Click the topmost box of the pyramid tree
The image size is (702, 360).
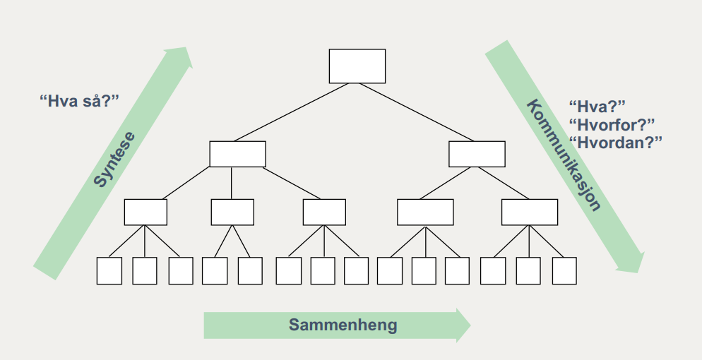click(x=357, y=66)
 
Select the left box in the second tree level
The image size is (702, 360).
click(x=237, y=154)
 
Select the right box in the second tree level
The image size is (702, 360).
click(x=477, y=154)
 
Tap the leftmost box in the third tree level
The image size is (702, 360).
click(x=145, y=212)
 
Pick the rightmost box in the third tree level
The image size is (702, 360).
click(x=529, y=212)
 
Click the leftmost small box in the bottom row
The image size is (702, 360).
click(x=109, y=270)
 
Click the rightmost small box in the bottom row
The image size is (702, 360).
click(x=564, y=270)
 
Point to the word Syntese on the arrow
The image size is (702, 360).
click(x=114, y=159)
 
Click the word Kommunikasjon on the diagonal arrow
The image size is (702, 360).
click(x=564, y=155)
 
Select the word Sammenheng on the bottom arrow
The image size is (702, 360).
click(x=343, y=325)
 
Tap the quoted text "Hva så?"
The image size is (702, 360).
click(x=79, y=100)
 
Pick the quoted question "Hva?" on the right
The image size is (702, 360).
click(x=597, y=108)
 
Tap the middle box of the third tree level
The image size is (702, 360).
click(x=324, y=212)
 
